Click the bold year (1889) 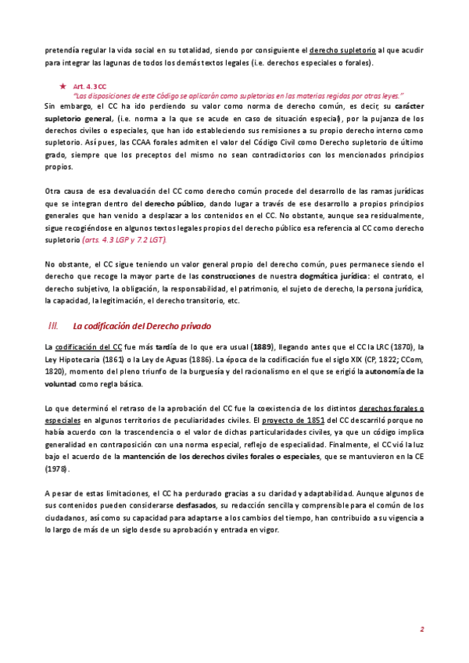(264, 346)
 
